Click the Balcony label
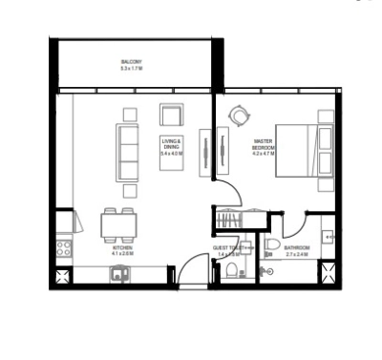coord(132,62)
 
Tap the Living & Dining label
coord(173,142)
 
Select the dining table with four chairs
coord(118,225)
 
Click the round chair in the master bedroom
coord(238,116)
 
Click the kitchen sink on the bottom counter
coord(119,274)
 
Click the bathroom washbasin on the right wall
coord(328,233)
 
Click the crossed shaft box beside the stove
coord(63,277)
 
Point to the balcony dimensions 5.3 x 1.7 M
coord(132,69)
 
